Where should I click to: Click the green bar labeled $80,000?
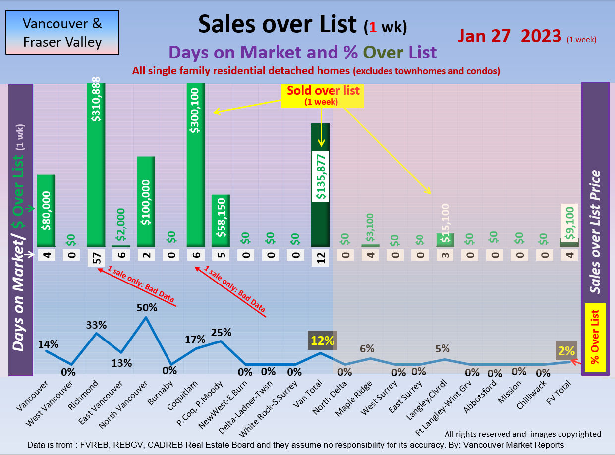click(46, 211)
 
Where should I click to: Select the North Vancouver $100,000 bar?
click(146, 201)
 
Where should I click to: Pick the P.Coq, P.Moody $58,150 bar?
click(221, 221)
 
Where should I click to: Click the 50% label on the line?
click(147, 308)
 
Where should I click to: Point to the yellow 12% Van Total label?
click(322, 341)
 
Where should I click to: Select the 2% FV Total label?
click(565, 351)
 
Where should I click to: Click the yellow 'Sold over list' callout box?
click(322, 95)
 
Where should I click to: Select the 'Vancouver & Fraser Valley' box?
click(62, 32)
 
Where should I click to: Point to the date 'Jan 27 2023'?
click(509, 36)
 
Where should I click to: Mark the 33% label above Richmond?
click(96, 325)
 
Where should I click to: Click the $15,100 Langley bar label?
click(446, 224)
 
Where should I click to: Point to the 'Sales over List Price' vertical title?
click(595, 231)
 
